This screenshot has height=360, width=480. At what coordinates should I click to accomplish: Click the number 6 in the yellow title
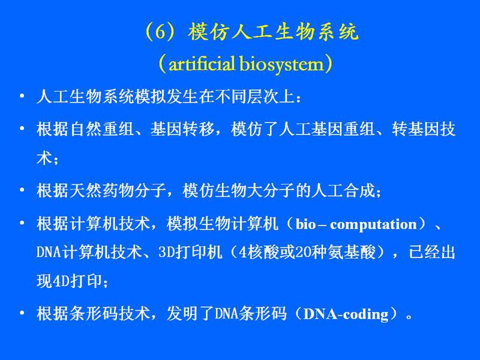[x=160, y=32]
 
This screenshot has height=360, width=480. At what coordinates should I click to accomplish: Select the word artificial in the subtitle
[x=202, y=64]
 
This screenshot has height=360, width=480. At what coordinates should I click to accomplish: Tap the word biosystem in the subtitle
[x=281, y=65]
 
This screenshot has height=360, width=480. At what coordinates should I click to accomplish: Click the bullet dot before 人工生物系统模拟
[x=22, y=96]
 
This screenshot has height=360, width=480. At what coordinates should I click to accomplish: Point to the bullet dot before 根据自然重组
[x=22, y=128]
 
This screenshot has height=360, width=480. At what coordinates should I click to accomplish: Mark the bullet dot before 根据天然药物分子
[x=22, y=190]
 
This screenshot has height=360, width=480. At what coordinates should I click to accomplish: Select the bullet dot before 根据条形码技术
[x=22, y=313]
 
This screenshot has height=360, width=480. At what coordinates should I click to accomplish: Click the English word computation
[x=373, y=225]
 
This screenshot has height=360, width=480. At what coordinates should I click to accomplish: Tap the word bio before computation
[x=306, y=224]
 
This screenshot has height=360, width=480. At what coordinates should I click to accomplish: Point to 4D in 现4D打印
[x=61, y=281]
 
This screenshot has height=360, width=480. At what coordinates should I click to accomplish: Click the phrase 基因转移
[x=182, y=128]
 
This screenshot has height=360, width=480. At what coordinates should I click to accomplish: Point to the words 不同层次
[x=247, y=97]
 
